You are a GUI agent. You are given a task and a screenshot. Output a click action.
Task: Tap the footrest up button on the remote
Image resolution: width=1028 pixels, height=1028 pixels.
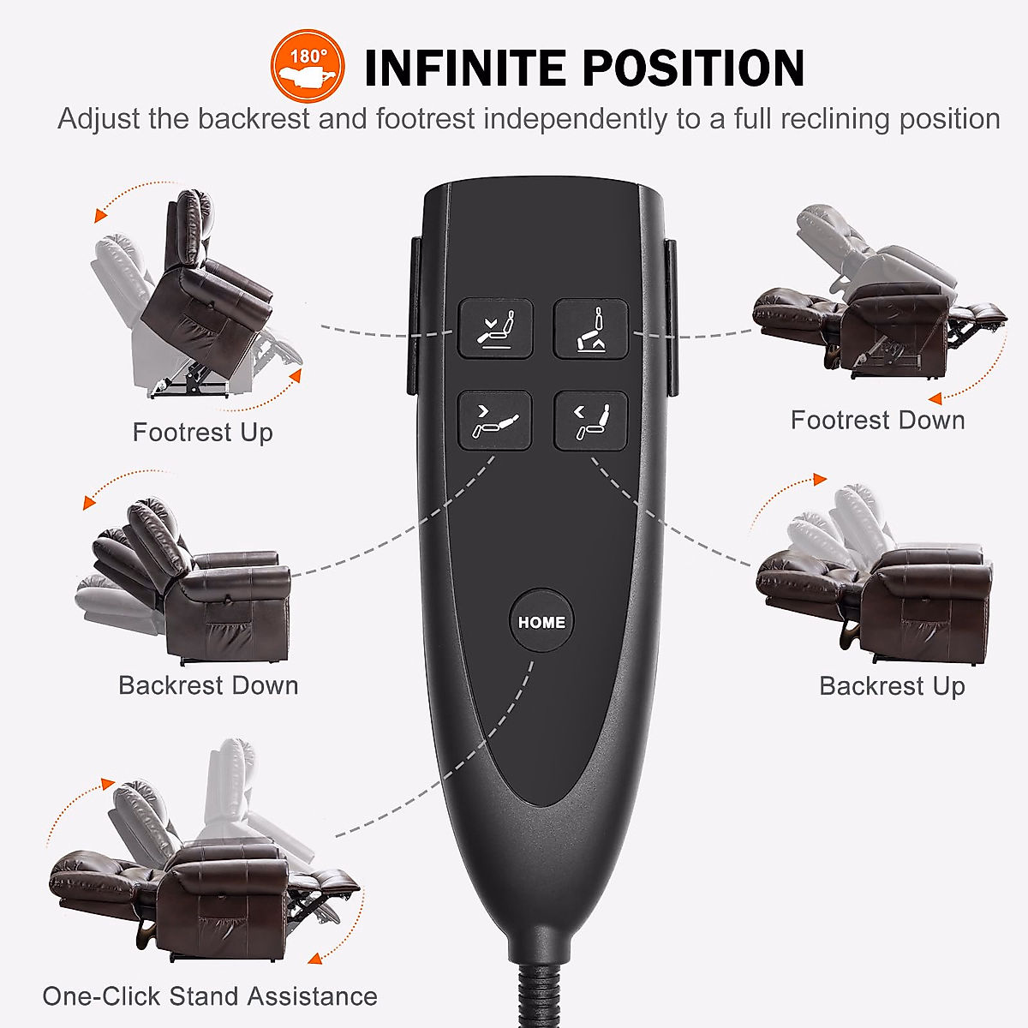[495, 328]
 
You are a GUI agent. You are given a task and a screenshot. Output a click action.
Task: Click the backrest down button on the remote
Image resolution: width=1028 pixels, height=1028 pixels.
[495, 421]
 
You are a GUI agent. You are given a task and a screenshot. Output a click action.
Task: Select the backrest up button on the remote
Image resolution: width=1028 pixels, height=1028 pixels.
[590, 421]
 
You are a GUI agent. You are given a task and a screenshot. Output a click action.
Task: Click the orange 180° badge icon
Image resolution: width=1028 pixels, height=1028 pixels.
[308, 67]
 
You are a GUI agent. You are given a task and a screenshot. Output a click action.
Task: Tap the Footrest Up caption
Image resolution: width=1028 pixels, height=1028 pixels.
[202, 433]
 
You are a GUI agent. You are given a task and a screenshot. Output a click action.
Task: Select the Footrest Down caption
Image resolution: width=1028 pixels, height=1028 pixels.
[877, 421]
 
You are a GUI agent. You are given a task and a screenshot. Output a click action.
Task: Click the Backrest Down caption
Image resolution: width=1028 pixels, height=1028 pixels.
[208, 685]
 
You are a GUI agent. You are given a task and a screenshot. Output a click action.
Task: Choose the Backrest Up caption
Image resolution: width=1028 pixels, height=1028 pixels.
[892, 686]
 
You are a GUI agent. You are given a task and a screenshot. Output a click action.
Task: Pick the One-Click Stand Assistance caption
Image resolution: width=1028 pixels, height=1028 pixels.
[210, 996]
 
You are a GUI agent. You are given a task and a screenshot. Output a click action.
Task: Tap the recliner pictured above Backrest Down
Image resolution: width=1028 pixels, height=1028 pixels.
[193, 583]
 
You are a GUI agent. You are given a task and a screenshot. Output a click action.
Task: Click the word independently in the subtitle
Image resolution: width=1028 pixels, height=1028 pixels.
[573, 119]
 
